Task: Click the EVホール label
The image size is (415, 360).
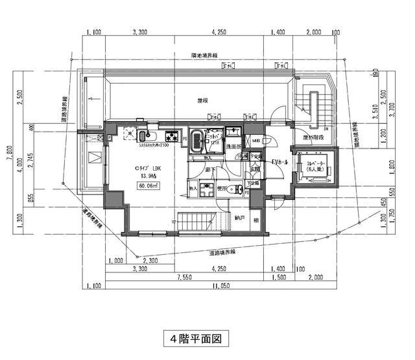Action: [x=281, y=162]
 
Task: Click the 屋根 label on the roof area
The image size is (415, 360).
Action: [x=202, y=101]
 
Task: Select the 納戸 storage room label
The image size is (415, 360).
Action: [x=239, y=218]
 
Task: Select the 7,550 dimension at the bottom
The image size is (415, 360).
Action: [x=184, y=275]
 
